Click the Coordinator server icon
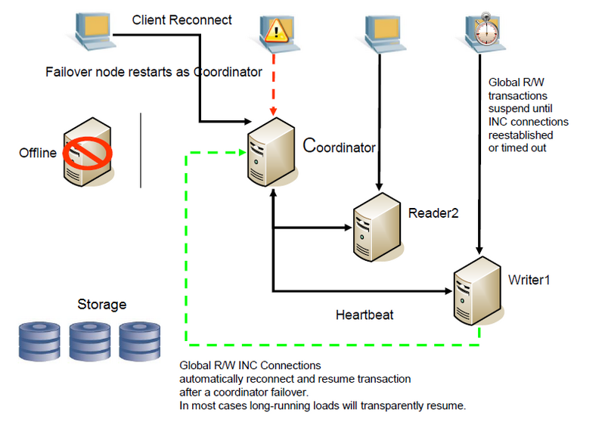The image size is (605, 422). coord(271,152)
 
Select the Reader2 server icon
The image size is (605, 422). coord(377,228)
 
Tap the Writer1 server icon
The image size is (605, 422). coord(478,291)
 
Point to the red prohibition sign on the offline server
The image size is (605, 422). coord(88,153)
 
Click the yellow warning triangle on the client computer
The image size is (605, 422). coord(276,31)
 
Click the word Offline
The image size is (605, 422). coord(38,153)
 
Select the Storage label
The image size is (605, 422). coord(102,304)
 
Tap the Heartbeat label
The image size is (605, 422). coord(365,315)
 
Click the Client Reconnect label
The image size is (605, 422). coord(181,20)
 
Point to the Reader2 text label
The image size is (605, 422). coord(433,213)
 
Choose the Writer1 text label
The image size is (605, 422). coord(529,280)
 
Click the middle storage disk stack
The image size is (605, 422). coord(89,342)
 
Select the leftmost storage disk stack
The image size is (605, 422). coord(39,342)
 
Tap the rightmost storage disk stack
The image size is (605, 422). coord(140,342)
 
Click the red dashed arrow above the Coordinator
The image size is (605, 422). coord(274,85)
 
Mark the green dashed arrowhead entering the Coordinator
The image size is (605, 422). coord(242,153)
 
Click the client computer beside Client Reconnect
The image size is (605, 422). coord(94,32)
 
